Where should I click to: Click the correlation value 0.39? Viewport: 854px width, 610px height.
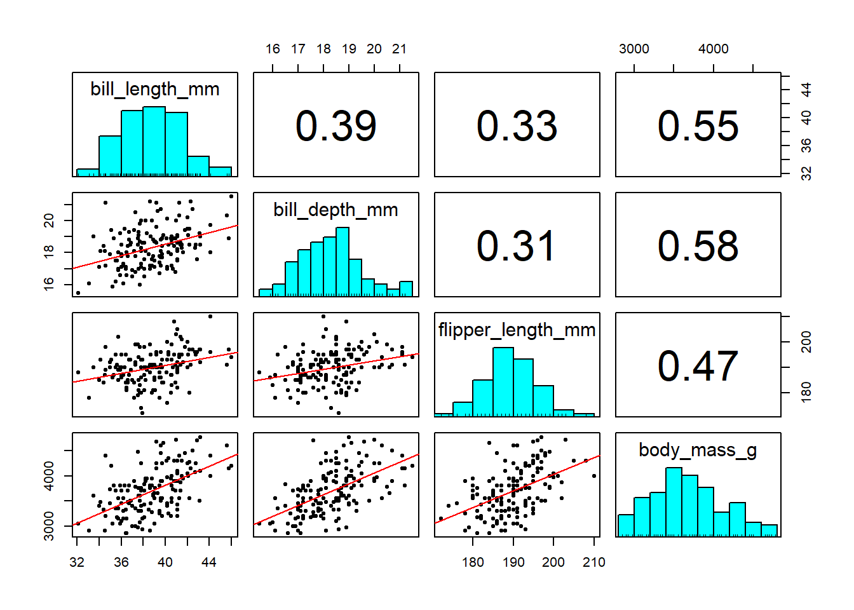pos(335,126)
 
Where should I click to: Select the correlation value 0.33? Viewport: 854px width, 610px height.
pos(517,126)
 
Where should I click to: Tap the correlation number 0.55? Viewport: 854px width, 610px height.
pos(698,126)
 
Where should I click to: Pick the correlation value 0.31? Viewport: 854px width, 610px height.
pos(517,246)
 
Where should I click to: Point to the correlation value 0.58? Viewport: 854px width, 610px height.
pos(698,246)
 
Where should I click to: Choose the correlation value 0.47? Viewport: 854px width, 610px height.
pos(698,366)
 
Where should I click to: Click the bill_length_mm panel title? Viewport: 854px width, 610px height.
pos(155,89)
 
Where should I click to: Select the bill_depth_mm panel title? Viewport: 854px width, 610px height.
pos(335,210)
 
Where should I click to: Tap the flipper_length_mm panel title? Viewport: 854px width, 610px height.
pos(517,330)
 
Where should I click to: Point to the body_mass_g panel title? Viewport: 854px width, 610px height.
pos(698,450)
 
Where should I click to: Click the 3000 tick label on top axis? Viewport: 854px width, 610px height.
pos(634,49)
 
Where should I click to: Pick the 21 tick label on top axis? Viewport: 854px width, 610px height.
pos(399,49)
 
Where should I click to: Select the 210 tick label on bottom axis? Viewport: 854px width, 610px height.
pos(594,562)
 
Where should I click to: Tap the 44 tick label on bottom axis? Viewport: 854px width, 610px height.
pos(209,562)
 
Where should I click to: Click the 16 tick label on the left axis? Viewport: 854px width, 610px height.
pos(49,282)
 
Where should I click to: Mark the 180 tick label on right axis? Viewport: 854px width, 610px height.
pos(806,391)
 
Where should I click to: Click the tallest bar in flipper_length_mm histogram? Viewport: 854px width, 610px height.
pos(503,381)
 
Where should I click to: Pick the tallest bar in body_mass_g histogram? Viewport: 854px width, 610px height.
pos(674,502)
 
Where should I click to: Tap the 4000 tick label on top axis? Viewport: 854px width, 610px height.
pos(714,49)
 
